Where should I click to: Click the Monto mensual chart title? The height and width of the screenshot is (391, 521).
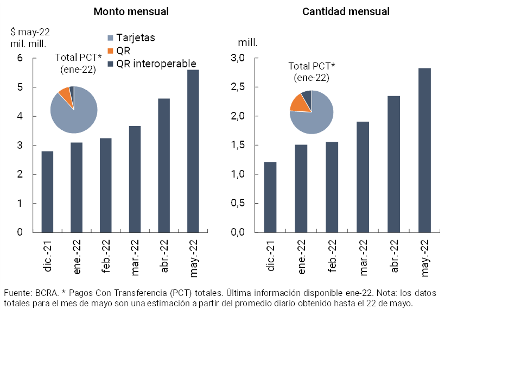(131, 11)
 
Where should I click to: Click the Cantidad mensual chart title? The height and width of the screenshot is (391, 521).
(346, 11)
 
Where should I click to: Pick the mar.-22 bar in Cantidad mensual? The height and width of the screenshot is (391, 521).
(363, 177)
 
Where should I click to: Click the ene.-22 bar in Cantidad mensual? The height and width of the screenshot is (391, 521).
(301, 188)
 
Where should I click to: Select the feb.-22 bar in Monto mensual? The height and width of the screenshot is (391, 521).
(105, 185)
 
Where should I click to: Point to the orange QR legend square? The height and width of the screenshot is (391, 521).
(111, 51)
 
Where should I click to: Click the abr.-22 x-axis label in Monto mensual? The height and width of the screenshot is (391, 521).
(164, 255)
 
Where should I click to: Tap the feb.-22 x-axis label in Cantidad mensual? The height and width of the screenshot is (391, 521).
(332, 255)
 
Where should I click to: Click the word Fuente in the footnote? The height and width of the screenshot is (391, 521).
(17, 293)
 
